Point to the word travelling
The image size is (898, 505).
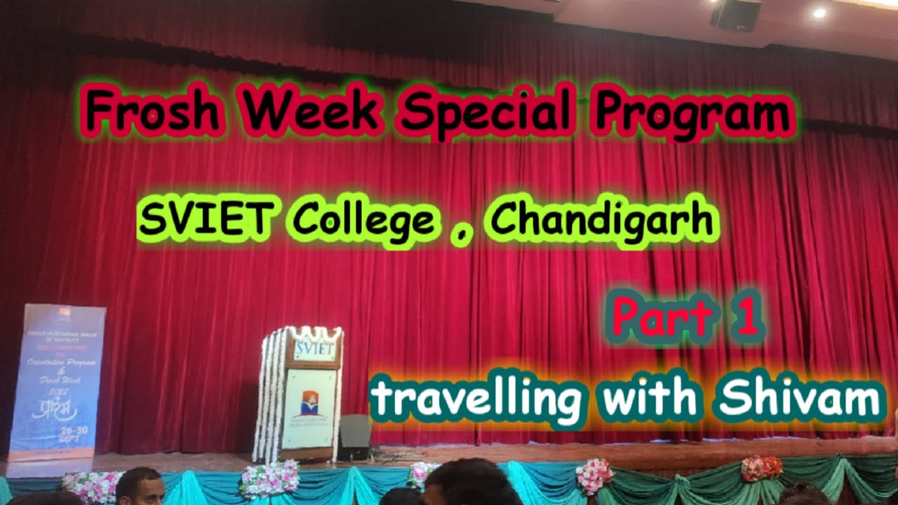click(x=476, y=400)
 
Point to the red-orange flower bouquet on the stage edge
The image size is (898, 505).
click(x=761, y=468)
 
